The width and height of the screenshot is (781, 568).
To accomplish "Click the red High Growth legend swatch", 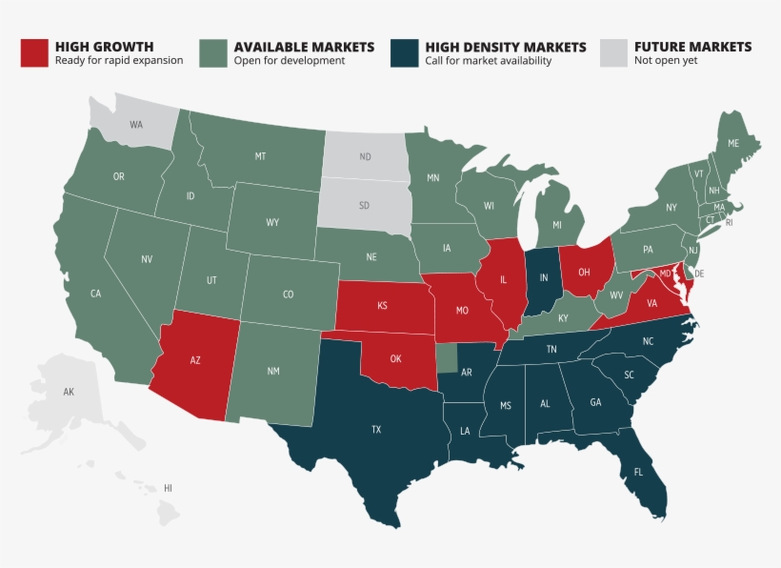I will pyautogui.click(x=34, y=52).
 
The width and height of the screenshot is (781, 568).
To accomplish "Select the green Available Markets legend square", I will pyautogui.click(x=213, y=52).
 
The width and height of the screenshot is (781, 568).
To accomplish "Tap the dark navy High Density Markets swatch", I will pyautogui.click(x=405, y=52).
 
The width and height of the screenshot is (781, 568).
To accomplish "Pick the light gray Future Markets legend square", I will pyautogui.click(x=613, y=52).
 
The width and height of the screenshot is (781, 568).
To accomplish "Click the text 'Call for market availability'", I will pyautogui.click(x=488, y=61).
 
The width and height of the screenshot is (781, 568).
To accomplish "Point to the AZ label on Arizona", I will pyautogui.click(x=195, y=361).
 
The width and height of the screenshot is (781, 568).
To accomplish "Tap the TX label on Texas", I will pyautogui.click(x=376, y=430).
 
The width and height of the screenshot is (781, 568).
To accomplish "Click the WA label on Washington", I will pyautogui.click(x=136, y=124).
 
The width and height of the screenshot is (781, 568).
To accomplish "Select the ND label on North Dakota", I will pyautogui.click(x=365, y=156).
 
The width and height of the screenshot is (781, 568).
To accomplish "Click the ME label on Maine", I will pyautogui.click(x=733, y=143).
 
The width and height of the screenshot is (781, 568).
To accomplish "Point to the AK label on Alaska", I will pyautogui.click(x=69, y=392).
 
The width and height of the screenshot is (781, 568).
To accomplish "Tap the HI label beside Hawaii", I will pyautogui.click(x=168, y=487).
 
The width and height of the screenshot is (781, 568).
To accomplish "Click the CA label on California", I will pyautogui.click(x=95, y=294).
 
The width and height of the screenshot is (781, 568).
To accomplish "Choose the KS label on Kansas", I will pyautogui.click(x=382, y=307).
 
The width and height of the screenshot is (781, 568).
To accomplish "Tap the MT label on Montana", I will pyautogui.click(x=259, y=155).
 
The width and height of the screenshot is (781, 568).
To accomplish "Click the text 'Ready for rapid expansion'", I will pyautogui.click(x=119, y=61).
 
